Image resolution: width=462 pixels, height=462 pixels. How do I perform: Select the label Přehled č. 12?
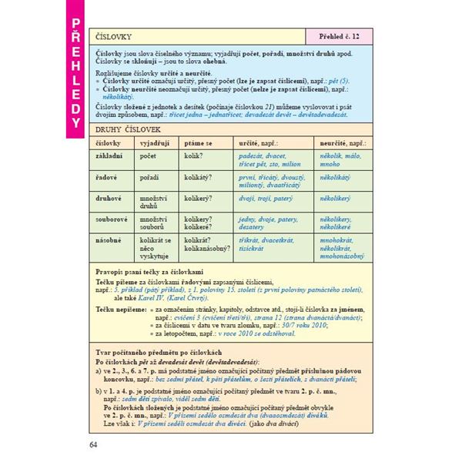[x=339, y=36]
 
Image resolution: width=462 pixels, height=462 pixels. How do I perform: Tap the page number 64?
[x=94, y=444]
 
